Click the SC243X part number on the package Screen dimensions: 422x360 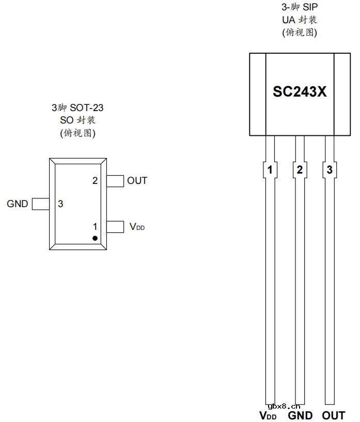tap(300, 92)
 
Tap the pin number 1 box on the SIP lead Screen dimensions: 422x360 tap(270, 170)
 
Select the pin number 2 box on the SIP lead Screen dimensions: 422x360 tap(300, 170)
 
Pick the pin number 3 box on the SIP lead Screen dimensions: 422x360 tap(330, 170)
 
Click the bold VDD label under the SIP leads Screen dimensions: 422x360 tap(268, 415)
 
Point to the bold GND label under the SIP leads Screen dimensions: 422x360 tap(300, 415)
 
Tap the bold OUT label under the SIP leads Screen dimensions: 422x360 tap(333, 415)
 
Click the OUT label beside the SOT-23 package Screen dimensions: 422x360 tap(137, 181)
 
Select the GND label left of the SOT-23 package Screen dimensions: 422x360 tap(18, 204)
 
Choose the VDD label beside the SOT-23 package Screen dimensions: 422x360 tap(137, 227)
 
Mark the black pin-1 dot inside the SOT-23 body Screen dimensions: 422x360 tap(95, 238)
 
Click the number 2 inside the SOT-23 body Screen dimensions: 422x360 tap(95, 181)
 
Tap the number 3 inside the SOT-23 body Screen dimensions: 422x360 tap(60, 204)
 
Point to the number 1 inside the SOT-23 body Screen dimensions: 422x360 tap(95, 226)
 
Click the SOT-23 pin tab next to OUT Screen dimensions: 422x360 tap(115, 181)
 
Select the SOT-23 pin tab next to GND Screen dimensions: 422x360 tap(40, 204)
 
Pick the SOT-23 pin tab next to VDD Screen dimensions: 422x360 tap(115, 226)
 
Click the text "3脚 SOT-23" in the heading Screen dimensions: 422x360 tap(77, 108)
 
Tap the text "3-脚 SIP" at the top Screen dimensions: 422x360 tap(300, 8)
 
